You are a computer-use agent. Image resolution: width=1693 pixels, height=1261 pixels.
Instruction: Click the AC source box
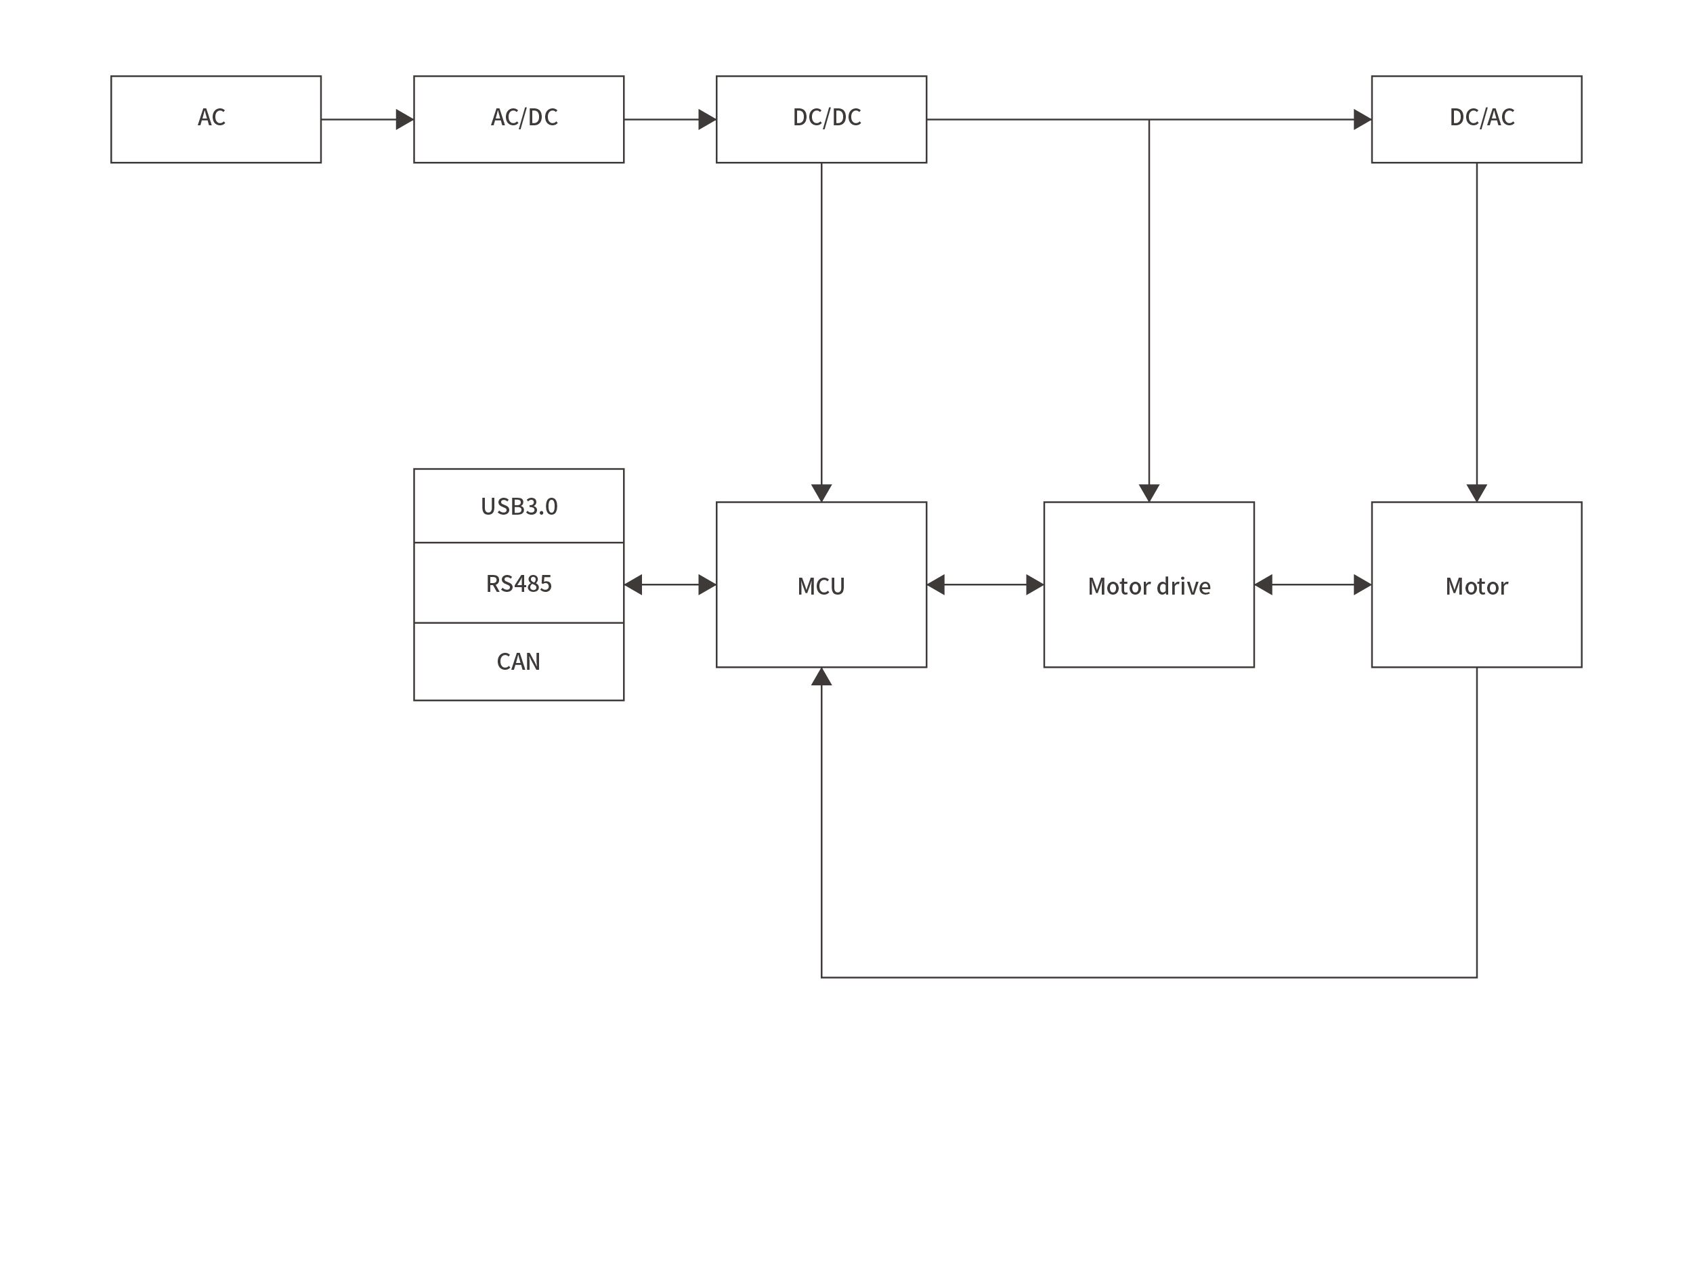click(216, 119)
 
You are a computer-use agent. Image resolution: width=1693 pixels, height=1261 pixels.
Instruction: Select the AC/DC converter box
click(518, 119)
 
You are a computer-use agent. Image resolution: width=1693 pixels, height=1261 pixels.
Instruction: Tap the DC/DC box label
click(827, 116)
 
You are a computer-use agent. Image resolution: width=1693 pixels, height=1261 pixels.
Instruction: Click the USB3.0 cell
click(518, 506)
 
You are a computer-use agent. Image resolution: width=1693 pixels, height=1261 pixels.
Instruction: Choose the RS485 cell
click(518, 583)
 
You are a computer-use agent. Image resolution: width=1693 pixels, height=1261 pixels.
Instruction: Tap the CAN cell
click(518, 661)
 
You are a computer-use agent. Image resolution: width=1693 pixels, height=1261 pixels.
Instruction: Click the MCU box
click(821, 584)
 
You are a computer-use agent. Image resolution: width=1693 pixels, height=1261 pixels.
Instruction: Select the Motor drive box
click(1149, 584)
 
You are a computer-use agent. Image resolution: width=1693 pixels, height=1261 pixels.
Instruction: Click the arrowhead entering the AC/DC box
click(404, 119)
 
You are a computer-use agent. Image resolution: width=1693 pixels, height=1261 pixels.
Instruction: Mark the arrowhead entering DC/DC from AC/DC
click(707, 119)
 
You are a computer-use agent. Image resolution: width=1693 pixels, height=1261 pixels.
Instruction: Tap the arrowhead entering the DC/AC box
click(1362, 119)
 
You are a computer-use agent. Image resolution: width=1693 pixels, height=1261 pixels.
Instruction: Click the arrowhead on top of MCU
click(821, 492)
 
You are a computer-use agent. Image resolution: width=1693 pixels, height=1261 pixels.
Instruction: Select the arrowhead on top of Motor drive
click(1149, 492)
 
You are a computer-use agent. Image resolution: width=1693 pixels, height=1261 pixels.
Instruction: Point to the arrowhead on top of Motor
click(1476, 492)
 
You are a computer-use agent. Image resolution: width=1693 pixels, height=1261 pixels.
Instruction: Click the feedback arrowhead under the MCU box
click(821, 677)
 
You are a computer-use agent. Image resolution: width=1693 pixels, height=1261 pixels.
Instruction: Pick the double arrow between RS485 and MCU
click(670, 584)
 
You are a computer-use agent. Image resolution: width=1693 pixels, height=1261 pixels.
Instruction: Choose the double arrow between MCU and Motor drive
click(985, 584)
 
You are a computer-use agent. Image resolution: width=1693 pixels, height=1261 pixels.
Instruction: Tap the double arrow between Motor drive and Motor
click(1312, 584)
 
